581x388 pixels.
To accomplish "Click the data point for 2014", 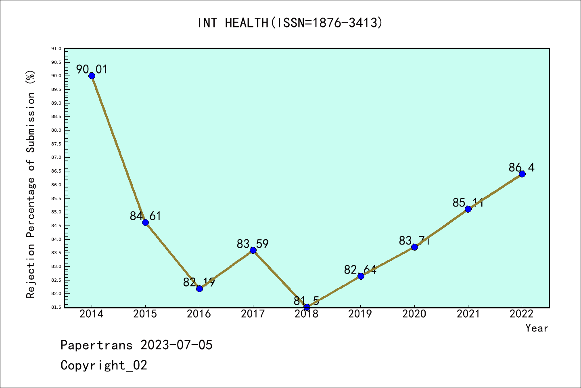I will coord(92,76).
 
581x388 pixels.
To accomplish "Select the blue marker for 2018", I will coord(307,308).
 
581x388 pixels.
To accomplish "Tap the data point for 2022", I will coord(522,174).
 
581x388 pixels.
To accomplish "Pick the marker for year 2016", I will coord(199,288).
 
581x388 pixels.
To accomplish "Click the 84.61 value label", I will coord(145,216).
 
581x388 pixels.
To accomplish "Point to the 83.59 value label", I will coord(253,244).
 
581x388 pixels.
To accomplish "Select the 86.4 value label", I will coord(521,167).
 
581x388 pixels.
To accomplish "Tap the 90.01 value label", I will coord(92,70).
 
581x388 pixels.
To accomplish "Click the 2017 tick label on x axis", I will coord(253,314).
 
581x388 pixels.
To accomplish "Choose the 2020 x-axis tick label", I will coord(414,314).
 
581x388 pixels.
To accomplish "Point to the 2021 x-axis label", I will coord(468,314).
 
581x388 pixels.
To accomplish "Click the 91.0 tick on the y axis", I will coord(56,49).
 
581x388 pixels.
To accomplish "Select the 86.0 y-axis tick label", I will coord(56,185).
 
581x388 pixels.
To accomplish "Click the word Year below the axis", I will coord(537,328).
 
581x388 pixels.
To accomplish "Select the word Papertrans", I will coord(96,345).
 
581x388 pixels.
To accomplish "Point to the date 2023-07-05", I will coord(176,345).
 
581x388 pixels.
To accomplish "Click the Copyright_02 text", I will coord(104,365).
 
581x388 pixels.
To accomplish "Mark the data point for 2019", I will coord(361,276).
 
